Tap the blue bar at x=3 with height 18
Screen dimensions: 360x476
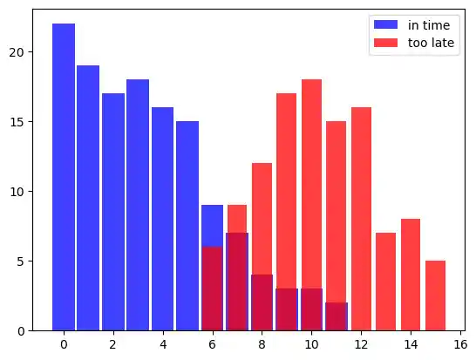[138, 205]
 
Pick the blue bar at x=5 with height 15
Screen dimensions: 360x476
[187, 226]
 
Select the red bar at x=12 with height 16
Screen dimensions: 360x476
[361, 219]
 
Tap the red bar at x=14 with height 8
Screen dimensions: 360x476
[411, 275]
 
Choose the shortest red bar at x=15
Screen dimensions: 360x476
[436, 295]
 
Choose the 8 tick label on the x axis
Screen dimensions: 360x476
[262, 344]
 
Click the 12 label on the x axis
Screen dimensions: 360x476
[361, 344]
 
